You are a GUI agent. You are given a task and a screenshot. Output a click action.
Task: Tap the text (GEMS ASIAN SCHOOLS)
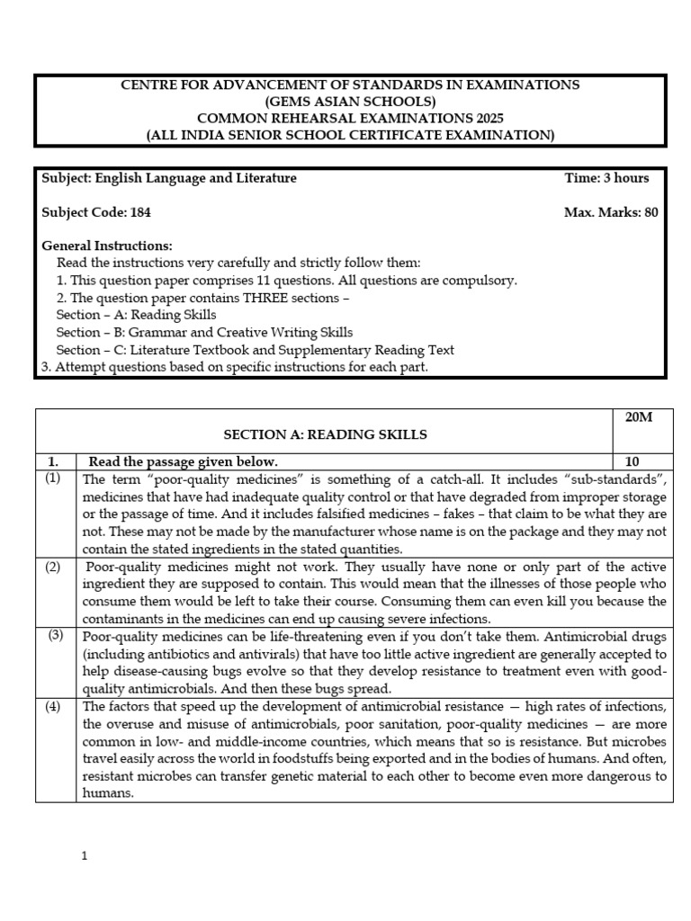point(351,102)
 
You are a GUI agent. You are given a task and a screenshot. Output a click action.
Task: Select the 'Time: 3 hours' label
point(606,178)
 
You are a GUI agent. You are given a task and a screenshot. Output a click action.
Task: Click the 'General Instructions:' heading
point(107,246)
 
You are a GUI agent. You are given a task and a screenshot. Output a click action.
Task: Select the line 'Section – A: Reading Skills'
point(136,315)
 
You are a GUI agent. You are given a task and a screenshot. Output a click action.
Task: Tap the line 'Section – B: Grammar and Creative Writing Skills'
point(204,332)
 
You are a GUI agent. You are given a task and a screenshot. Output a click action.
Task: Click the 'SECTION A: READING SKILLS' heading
point(325,434)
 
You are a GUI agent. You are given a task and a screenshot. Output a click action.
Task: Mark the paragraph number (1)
point(53,478)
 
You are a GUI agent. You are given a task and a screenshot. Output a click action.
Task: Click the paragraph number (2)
point(53,567)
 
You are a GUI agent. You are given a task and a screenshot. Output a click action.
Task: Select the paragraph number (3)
point(55,636)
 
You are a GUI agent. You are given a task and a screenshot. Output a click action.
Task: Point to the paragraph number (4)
point(53,706)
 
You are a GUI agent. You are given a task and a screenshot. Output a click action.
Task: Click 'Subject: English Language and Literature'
point(169,178)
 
